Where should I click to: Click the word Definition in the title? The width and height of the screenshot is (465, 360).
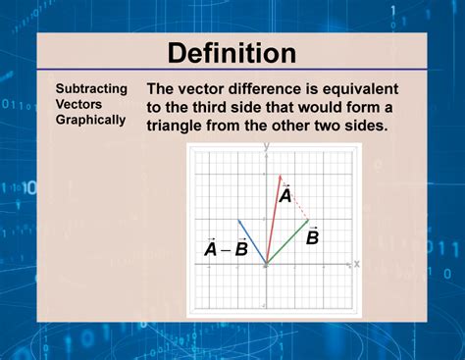click(x=232, y=53)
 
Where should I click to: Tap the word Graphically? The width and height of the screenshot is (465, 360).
click(x=90, y=120)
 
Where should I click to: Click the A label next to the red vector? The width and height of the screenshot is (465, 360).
click(x=284, y=196)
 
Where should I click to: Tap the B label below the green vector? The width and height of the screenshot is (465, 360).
click(x=312, y=236)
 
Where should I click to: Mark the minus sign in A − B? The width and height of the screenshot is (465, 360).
click(x=225, y=249)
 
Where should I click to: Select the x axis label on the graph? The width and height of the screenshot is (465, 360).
click(x=356, y=263)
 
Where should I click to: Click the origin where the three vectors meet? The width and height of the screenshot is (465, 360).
click(x=266, y=263)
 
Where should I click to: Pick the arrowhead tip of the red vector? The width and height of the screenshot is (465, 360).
click(x=281, y=177)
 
